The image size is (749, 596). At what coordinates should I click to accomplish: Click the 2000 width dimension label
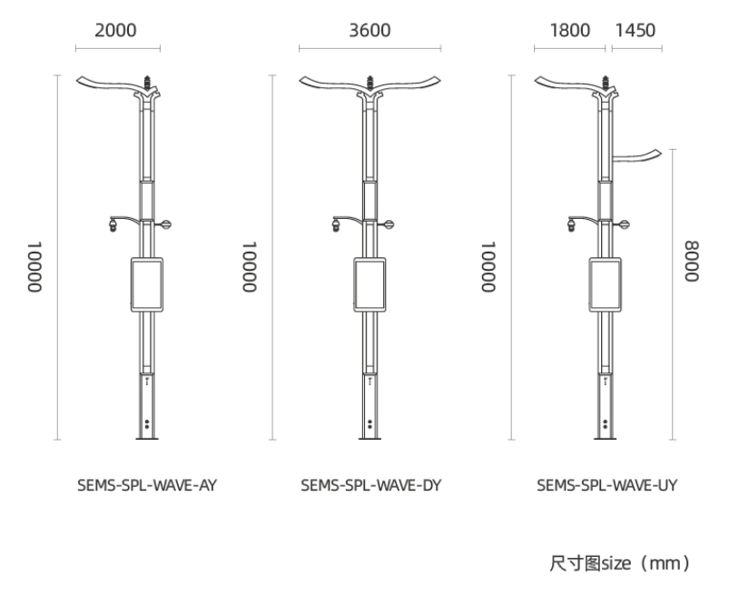tap(115, 30)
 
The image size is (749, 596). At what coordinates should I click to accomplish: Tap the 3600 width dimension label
tap(370, 30)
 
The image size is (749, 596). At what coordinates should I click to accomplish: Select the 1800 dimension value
tap(570, 30)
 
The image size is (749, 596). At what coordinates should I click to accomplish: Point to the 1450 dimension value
tap(635, 30)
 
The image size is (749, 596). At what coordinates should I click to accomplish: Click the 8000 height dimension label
tap(692, 262)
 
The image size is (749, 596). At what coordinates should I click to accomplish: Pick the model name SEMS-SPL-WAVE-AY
tap(147, 485)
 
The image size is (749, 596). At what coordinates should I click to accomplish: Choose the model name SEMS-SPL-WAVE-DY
tap(371, 485)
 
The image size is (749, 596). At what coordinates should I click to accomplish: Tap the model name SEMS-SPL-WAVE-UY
tap(607, 485)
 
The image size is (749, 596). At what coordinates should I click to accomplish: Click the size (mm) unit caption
tap(620, 563)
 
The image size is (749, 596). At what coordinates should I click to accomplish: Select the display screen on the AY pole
tap(147, 285)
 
